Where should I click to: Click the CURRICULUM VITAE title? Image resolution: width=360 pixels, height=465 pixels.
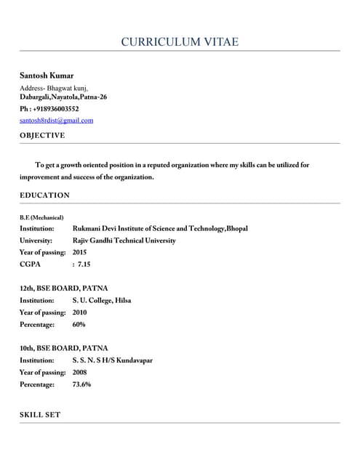(x=180, y=42)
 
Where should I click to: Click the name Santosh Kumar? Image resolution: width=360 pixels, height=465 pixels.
(x=47, y=76)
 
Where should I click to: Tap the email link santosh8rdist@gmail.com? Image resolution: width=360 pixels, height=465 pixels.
(x=56, y=121)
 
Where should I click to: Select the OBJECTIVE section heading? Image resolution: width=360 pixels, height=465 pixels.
(x=42, y=135)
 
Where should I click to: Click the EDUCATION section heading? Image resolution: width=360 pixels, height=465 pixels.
(x=44, y=195)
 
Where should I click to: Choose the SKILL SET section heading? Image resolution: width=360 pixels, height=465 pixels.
(x=40, y=415)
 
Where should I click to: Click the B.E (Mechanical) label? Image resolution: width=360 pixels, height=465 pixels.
(x=41, y=217)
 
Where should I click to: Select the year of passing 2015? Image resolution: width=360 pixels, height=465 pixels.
(x=80, y=252)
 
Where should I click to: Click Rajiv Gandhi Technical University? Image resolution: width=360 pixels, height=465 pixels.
(x=124, y=240)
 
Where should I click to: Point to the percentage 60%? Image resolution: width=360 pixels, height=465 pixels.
(x=79, y=324)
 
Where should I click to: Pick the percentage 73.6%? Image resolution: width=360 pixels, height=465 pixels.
(x=81, y=384)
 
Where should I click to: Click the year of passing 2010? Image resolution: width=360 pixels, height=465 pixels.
(x=80, y=312)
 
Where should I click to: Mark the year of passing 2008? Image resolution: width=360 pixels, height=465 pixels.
(x=80, y=372)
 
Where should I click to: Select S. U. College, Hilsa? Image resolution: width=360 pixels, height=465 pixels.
(x=102, y=300)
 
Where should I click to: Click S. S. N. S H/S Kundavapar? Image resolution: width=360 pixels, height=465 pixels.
(x=112, y=360)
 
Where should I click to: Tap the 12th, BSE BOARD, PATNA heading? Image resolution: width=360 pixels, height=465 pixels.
(x=63, y=288)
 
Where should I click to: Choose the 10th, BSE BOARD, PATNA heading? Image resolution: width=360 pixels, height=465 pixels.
(x=63, y=348)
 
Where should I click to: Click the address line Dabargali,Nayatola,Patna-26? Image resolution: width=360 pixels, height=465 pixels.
(x=63, y=97)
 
